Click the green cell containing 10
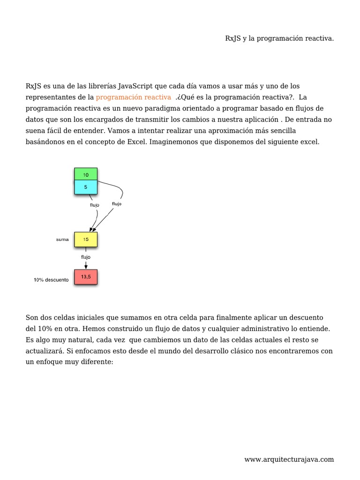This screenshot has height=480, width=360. coord(86,174)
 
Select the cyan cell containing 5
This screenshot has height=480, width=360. coord(86,187)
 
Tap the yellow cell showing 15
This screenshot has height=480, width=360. coord(86,239)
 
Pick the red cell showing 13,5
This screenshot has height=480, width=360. coord(86,277)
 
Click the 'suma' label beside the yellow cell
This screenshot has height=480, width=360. coord(62,240)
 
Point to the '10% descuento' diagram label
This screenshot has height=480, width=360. coord(51,280)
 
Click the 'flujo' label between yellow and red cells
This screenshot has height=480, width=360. coord(85,257)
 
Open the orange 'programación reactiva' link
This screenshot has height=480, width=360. coord(134,97)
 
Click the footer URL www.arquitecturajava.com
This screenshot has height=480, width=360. coord(289,459)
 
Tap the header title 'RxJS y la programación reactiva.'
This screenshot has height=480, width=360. coord(279,38)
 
